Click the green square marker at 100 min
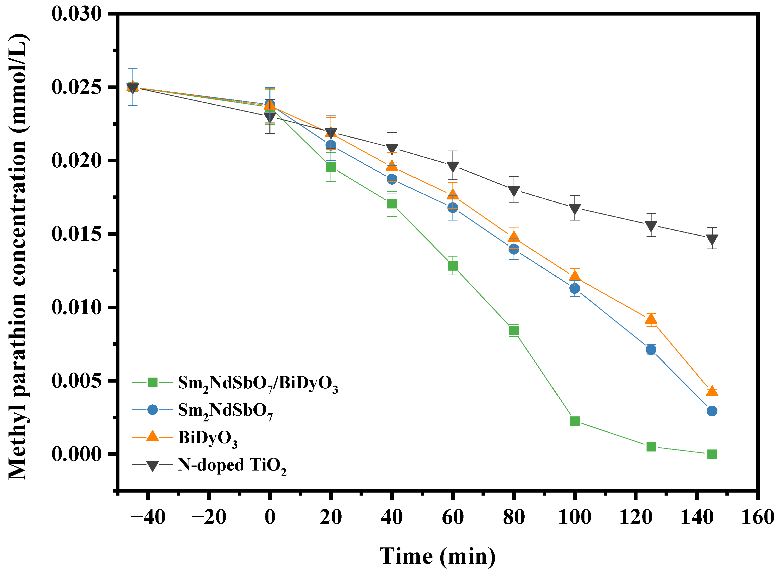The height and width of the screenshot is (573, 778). [x=575, y=421]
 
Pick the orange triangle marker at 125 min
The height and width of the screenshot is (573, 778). [x=651, y=319]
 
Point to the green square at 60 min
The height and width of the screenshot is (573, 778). [x=452, y=266]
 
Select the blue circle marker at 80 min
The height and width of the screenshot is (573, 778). [x=514, y=249]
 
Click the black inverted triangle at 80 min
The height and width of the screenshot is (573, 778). [x=514, y=191]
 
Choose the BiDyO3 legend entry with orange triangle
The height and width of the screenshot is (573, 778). [x=207, y=438]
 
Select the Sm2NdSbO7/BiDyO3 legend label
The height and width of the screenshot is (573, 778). [x=258, y=383]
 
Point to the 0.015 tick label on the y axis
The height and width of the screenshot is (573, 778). [x=77, y=234]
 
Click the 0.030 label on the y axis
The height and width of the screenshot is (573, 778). [x=77, y=14]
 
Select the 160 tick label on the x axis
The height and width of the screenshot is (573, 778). [x=757, y=517]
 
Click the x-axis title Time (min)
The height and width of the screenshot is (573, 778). [x=437, y=556]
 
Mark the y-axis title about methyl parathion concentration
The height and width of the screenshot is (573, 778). [x=18, y=257]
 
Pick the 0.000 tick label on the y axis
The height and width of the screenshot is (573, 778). [x=77, y=454]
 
